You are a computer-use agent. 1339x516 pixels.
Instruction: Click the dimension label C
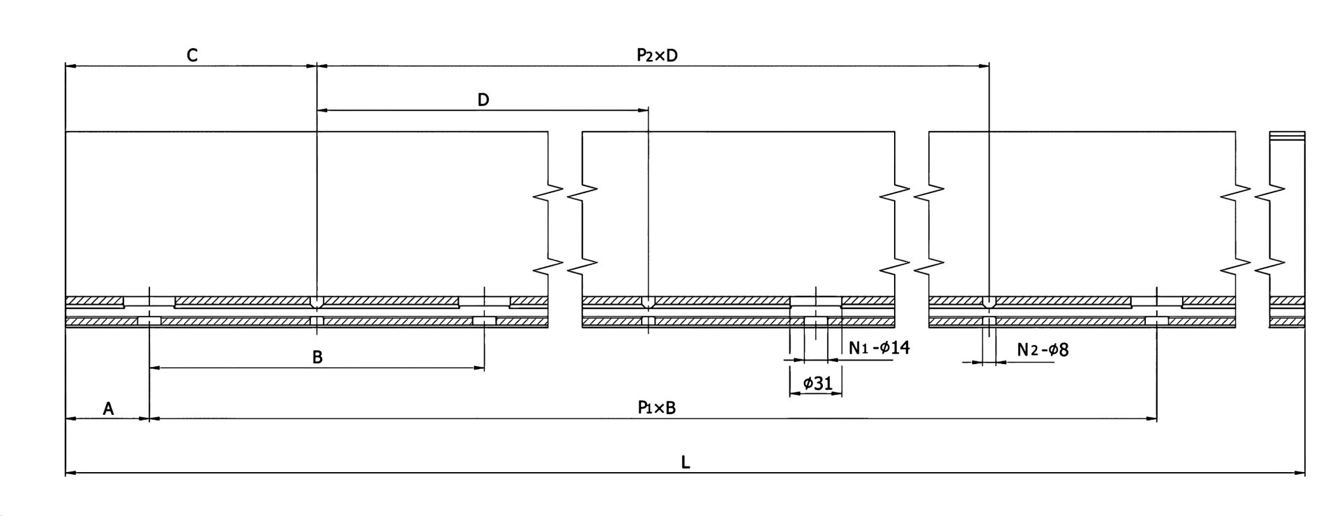click(192, 56)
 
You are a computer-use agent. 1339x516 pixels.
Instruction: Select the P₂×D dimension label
click(657, 56)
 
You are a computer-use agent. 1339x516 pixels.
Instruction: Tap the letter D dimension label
click(483, 100)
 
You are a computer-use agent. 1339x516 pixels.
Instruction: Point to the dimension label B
click(317, 358)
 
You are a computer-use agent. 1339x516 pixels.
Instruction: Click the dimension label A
click(108, 409)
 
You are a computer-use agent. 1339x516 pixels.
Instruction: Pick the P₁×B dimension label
click(656, 408)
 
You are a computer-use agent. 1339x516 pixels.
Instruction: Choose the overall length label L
click(686, 462)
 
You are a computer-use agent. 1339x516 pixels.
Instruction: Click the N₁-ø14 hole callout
click(879, 347)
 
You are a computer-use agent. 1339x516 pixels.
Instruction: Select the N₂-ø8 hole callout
click(1043, 349)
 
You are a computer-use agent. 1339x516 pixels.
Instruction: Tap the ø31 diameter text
click(817, 383)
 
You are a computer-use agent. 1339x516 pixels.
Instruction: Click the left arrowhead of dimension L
click(69, 473)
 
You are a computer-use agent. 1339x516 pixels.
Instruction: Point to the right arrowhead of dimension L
click(1301, 473)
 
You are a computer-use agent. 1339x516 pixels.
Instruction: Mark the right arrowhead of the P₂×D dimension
click(985, 66)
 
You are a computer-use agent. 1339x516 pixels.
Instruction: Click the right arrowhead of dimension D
click(644, 110)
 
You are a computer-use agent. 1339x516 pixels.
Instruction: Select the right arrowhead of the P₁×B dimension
click(1152, 419)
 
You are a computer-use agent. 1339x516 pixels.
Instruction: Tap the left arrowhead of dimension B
click(154, 367)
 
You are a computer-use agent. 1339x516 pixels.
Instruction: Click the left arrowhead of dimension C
click(69, 66)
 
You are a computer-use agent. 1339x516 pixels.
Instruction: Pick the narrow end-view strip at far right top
click(1287, 136)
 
